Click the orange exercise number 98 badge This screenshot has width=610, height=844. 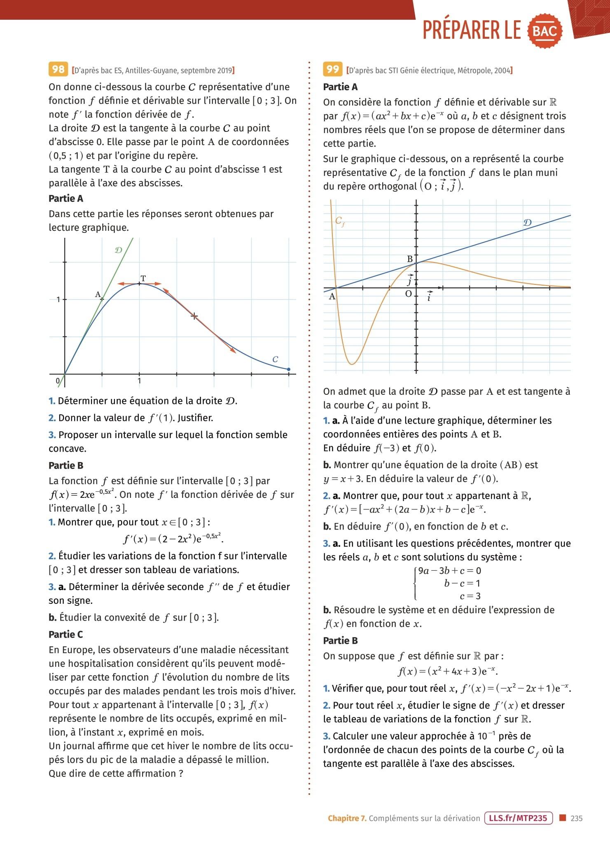(58, 69)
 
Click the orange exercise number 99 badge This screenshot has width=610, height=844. (332, 69)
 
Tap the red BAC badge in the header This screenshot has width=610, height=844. (545, 31)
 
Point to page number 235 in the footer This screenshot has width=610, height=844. (577, 818)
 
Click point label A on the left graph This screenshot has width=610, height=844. (98, 294)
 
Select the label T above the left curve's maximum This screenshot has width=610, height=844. (143, 278)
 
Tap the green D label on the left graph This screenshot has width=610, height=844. (118, 250)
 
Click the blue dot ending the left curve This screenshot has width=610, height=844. (288, 369)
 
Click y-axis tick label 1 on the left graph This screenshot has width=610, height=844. (58, 300)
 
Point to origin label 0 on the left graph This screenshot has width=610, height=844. (58, 381)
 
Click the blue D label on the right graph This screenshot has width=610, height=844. (527, 223)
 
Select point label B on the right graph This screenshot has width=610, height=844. (410, 259)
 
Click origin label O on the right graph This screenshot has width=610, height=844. (408, 294)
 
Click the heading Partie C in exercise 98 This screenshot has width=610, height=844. (65, 634)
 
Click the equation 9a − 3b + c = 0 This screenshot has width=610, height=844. (449, 571)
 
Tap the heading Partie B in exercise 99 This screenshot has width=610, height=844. (340, 640)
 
